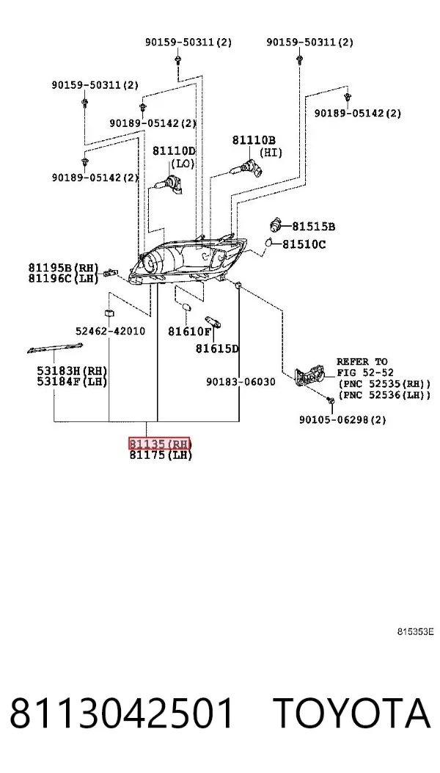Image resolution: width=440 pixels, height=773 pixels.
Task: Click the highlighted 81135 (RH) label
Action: click(159, 443)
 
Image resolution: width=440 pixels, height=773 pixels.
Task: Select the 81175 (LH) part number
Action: click(161, 456)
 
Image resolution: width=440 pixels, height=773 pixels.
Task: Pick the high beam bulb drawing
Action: click(246, 167)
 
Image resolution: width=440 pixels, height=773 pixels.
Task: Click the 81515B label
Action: click(313, 227)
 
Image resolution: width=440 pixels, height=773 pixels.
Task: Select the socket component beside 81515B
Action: click(277, 225)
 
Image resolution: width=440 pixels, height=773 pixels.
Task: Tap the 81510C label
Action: click(304, 244)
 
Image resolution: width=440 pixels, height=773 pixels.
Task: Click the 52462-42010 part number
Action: click(111, 331)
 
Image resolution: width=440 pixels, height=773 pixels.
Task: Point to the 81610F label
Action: click(190, 332)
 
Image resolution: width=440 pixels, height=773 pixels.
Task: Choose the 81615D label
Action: click(217, 349)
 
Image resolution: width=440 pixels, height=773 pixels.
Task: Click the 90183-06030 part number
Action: click(241, 382)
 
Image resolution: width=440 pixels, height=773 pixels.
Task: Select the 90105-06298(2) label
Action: click(342, 420)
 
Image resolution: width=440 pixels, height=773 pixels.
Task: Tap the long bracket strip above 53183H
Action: click(55, 347)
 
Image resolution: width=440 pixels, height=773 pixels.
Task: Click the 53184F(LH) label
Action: click(72, 382)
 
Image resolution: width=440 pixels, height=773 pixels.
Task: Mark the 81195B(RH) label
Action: click(64, 268)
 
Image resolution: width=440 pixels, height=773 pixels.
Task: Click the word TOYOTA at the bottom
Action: click(352, 714)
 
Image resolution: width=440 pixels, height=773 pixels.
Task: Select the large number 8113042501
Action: click(122, 714)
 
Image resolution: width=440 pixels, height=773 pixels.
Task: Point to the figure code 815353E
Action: click(416, 631)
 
